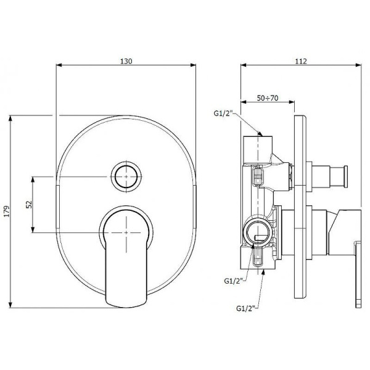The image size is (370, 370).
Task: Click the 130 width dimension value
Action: coord(126,61)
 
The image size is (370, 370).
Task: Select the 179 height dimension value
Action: coord(7,211)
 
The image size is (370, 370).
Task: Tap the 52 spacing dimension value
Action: coord(29,204)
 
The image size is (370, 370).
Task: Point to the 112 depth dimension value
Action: coord(301,61)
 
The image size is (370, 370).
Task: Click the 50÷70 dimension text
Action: coord(268,98)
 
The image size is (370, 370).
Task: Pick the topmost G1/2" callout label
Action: coord(223,113)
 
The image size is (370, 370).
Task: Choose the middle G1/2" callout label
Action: coord(233,281)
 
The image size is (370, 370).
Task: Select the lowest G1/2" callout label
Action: coord(245,308)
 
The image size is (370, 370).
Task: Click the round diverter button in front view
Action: coord(126,176)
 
